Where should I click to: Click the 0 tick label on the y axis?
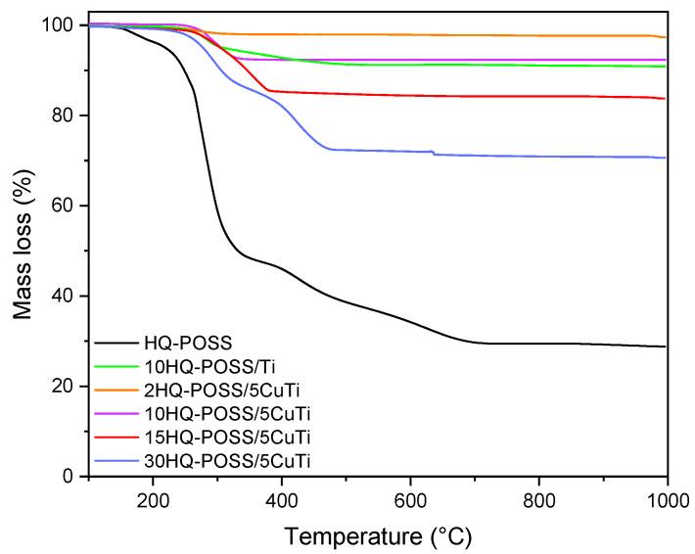(70, 477)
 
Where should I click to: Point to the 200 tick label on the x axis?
(153, 497)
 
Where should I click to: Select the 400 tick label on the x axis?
(281, 497)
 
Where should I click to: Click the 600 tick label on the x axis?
(410, 497)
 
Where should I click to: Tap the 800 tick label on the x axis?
(538, 497)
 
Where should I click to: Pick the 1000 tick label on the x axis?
(666, 497)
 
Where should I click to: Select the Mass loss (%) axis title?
(23, 251)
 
